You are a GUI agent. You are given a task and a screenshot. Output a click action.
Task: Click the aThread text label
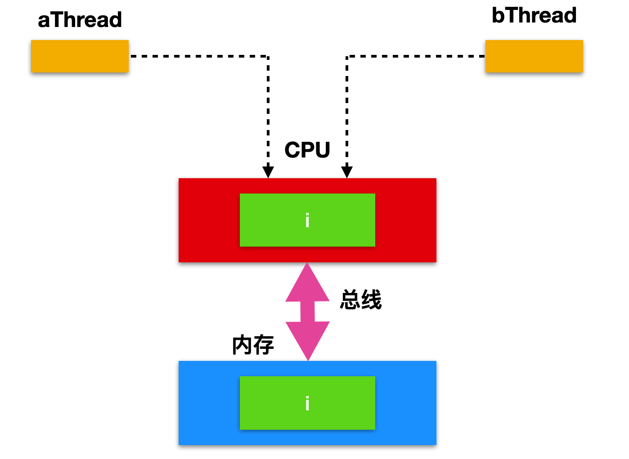tap(80, 20)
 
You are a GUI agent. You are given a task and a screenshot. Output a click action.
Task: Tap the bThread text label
tap(534, 15)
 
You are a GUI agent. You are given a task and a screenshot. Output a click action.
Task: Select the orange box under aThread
tap(80, 56)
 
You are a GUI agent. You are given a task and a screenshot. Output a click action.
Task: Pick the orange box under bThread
tap(534, 56)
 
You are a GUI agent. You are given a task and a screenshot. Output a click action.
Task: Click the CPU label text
tap(307, 150)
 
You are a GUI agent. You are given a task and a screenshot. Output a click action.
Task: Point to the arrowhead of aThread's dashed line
tap(268, 172)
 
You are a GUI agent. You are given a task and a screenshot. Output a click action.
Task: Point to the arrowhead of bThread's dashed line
tap(347, 172)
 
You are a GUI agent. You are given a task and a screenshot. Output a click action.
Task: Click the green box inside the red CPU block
tap(307, 220)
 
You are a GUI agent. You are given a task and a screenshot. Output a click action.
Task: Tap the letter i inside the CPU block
tap(307, 220)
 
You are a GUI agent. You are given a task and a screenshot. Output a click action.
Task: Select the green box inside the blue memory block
tap(307, 403)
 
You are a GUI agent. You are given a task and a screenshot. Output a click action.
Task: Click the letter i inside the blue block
tap(307, 403)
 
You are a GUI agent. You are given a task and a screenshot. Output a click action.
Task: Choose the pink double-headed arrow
tap(307, 311)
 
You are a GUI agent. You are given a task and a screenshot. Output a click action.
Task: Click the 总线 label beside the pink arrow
tap(361, 299)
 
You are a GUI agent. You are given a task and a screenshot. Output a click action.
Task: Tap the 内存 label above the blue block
tap(253, 345)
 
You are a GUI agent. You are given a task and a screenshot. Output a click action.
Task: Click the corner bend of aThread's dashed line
tap(268, 56)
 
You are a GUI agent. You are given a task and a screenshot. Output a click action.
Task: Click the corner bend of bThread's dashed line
tap(347, 56)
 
